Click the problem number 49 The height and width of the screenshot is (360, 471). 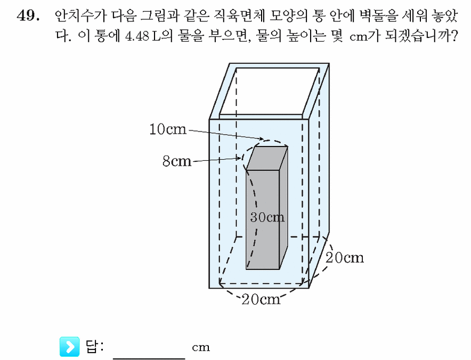(x=28, y=15)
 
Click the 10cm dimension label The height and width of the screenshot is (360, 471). (x=168, y=129)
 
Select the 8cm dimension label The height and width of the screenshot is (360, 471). (x=177, y=161)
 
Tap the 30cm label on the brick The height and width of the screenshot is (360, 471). (x=267, y=217)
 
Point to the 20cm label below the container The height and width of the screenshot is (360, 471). (x=261, y=299)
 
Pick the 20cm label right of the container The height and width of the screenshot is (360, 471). (x=345, y=258)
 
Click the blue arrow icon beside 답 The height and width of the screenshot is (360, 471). (x=70, y=347)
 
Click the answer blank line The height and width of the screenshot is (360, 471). (x=149, y=358)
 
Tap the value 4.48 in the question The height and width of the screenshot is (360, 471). (x=137, y=37)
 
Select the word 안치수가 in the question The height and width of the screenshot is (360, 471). (x=80, y=15)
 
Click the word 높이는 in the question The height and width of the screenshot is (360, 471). (x=306, y=37)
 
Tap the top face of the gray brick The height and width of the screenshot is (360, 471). (x=267, y=158)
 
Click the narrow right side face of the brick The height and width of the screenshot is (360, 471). (x=283, y=208)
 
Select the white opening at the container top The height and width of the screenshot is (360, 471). (x=270, y=91)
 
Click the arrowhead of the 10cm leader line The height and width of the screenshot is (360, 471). (x=262, y=138)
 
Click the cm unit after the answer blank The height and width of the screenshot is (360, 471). (x=201, y=347)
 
